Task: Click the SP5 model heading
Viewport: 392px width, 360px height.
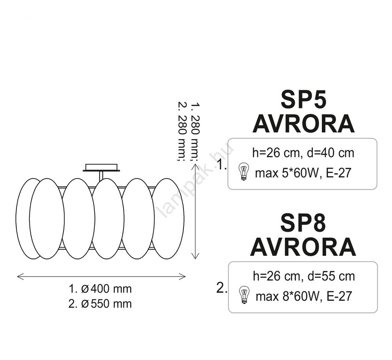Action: click(x=303, y=99)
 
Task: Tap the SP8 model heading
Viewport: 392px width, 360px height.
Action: click(x=303, y=223)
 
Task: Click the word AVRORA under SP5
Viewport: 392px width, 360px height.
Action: click(x=304, y=124)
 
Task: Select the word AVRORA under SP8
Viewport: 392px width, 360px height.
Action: click(x=303, y=247)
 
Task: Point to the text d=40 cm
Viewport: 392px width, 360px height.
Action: click(x=330, y=153)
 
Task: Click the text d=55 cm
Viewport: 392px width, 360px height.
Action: click(x=331, y=276)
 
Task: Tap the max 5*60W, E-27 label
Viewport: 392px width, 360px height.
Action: click(x=303, y=173)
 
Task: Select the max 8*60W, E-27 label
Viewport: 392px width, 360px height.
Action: click(x=304, y=296)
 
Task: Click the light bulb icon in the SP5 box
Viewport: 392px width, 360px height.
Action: click(x=244, y=171)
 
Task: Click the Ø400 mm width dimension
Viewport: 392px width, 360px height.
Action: click(x=107, y=289)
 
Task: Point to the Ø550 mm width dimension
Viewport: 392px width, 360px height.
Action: click(x=107, y=304)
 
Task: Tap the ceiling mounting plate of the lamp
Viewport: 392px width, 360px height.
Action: click(x=101, y=167)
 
